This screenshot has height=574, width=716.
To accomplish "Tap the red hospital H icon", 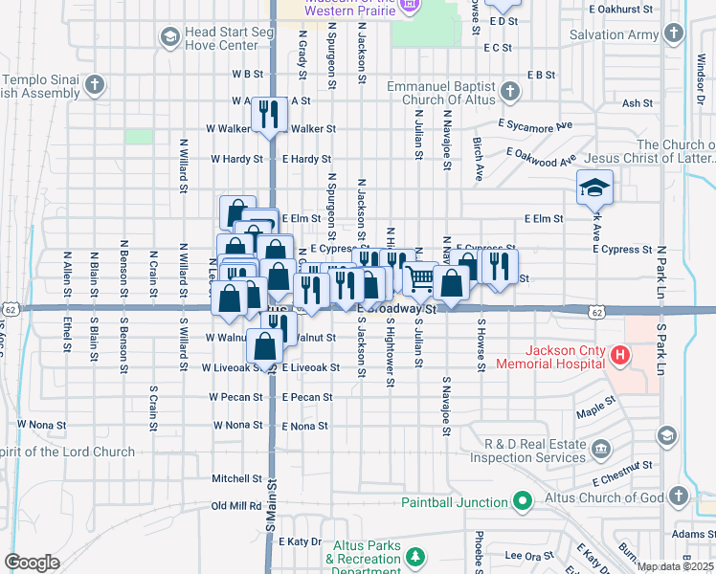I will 619,357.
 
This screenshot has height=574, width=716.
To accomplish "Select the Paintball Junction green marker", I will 522,500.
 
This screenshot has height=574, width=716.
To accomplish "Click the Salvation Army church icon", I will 675,34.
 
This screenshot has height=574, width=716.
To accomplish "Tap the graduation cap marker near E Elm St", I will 594,188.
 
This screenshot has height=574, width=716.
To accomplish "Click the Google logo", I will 32,563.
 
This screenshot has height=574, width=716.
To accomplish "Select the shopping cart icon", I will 420,278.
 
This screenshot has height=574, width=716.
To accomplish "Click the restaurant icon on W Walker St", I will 267,115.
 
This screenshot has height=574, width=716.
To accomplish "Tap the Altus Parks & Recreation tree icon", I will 414,557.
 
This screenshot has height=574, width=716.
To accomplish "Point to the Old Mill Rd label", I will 236,506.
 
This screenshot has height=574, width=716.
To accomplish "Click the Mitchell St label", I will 236,478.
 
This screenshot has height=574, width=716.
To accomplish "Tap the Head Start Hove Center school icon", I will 169,36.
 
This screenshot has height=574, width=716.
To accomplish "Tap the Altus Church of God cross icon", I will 679,496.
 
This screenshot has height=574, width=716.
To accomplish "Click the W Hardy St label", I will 236,159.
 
